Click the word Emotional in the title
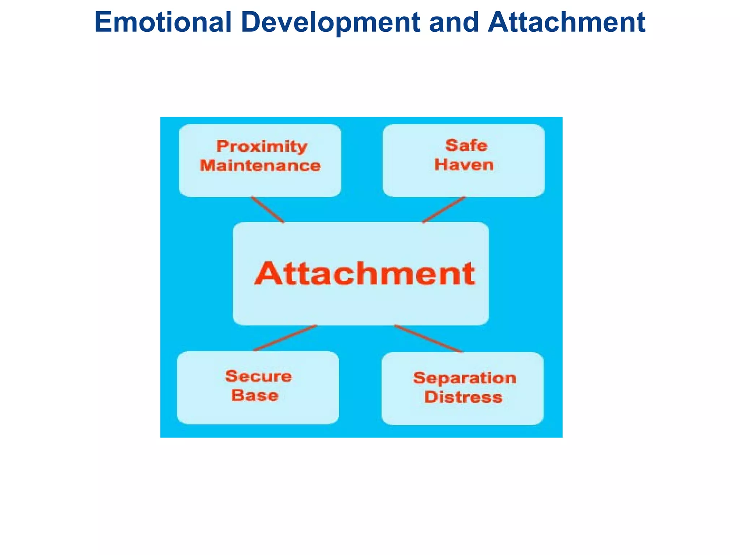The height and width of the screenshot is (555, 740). point(163,22)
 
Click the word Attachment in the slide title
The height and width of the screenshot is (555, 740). point(566,22)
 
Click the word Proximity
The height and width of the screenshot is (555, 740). point(262,146)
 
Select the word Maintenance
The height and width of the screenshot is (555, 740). point(260,165)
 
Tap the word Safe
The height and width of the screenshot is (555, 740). point(466,145)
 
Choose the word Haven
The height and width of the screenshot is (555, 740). point(464,165)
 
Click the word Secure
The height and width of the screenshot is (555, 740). point(258,376)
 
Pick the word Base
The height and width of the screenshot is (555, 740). point(255,395)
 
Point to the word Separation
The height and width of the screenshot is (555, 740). point(465,378)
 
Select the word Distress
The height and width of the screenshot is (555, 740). point(463,397)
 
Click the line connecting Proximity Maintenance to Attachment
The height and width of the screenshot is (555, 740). point(268,210)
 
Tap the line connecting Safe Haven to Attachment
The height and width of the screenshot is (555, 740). point(444,210)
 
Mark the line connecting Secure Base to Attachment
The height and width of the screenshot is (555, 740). point(285,338)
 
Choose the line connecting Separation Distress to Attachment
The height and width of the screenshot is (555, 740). point(428,339)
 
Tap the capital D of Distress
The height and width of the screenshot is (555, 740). point(431,397)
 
